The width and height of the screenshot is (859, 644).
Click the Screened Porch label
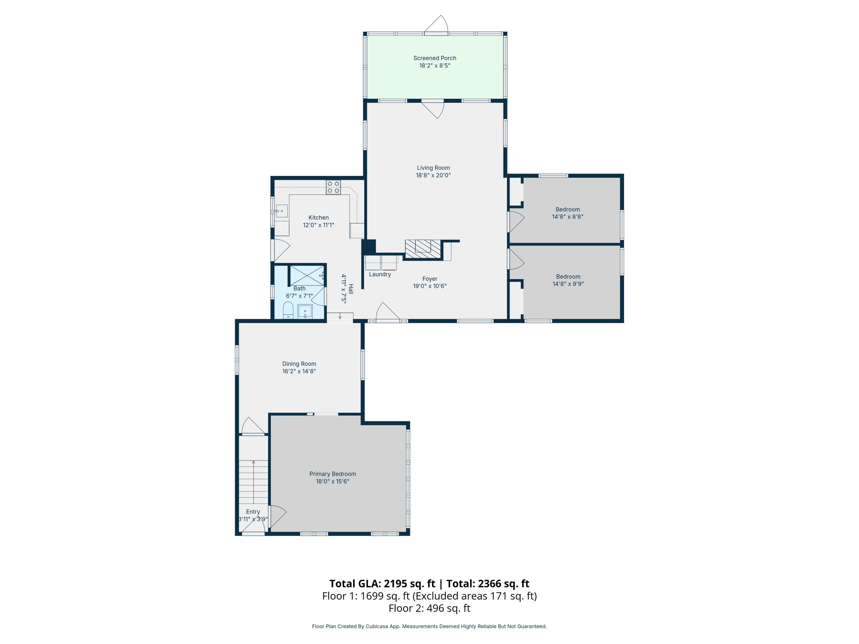point(435,58)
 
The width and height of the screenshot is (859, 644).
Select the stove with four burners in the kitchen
point(333,187)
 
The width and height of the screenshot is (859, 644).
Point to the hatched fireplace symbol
point(423,249)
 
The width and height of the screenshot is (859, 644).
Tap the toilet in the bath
point(288,311)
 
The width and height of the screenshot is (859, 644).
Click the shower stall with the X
point(307,276)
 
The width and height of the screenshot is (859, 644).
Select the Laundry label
point(380,274)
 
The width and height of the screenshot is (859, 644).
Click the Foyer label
point(429,279)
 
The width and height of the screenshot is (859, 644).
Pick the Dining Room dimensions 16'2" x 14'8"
point(299,372)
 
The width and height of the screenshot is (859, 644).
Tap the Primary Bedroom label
point(332,474)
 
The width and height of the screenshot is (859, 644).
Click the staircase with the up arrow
point(253,482)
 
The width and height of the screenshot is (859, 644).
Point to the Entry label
point(253,512)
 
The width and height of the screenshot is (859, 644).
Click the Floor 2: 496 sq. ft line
point(429,608)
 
